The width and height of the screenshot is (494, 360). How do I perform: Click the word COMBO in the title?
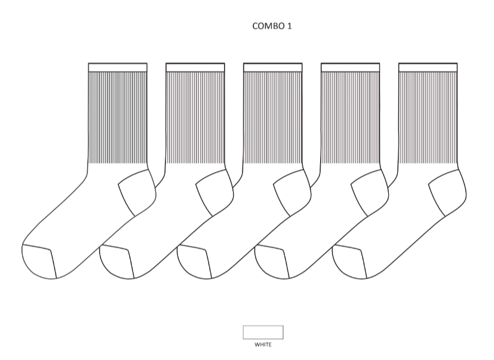click(x=268, y=26)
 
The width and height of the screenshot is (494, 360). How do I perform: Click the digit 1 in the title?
click(x=290, y=26)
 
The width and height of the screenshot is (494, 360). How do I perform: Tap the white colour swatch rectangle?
click(x=263, y=333)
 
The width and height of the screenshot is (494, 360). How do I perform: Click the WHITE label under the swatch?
click(x=263, y=344)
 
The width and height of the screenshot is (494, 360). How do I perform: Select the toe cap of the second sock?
click(x=116, y=262)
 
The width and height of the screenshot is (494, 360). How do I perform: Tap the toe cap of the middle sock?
click(x=194, y=262)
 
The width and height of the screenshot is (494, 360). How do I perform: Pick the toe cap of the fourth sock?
click(x=271, y=262)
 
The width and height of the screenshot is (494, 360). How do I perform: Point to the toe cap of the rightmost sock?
click(x=348, y=262)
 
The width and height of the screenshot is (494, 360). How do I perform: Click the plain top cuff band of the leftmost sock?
click(x=118, y=67)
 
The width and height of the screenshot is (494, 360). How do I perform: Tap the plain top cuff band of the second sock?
click(x=195, y=67)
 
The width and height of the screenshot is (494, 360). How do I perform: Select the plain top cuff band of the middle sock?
click(x=273, y=67)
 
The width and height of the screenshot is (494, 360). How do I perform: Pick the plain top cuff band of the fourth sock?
click(x=350, y=67)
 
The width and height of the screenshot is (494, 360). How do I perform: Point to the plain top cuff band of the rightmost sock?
click(x=428, y=67)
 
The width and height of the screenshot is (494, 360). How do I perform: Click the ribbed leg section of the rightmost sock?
click(x=428, y=118)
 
